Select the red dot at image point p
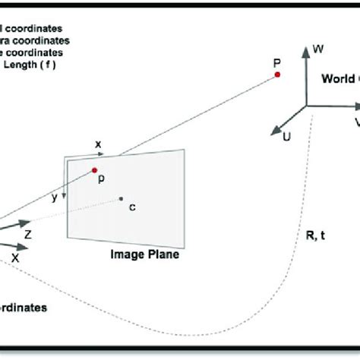pos(95,170)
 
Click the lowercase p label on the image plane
pos(101,181)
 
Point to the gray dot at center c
pos(121,200)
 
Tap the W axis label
pos(319,49)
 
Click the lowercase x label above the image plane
pos(98,144)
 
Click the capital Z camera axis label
pos(28,236)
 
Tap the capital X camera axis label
pos(15,258)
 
